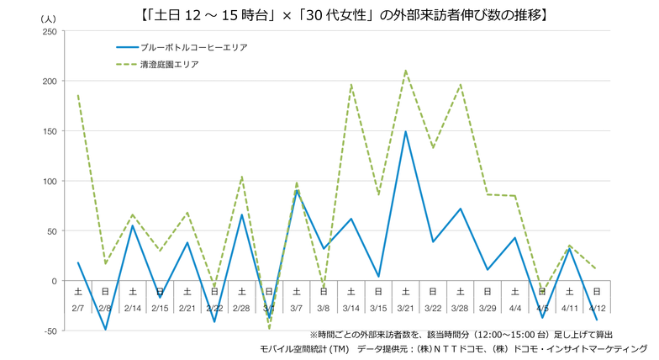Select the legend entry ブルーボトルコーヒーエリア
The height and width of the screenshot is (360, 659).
(x=195, y=47)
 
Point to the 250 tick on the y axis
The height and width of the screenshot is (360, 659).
(x=49, y=32)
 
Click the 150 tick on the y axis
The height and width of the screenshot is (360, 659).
(x=49, y=131)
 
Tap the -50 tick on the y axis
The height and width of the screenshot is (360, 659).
(x=49, y=331)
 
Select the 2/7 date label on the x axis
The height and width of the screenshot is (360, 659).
(x=77, y=309)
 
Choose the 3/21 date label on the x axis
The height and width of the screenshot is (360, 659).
(x=405, y=309)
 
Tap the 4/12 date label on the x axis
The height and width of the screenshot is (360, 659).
(x=596, y=309)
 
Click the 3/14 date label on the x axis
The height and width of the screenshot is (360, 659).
(x=351, y=309)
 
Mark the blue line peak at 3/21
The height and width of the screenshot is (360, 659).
(x=405, y=131)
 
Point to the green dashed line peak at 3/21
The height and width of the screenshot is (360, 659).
(x=405, y=71)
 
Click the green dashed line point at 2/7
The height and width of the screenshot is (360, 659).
(x=77, y=96)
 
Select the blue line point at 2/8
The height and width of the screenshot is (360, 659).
(x=105, y=329)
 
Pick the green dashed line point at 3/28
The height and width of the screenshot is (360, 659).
(x=460, y=84)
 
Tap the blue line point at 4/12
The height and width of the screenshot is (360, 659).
(x=596, y=320)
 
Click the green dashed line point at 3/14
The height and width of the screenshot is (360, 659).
(x=351, y=85)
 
